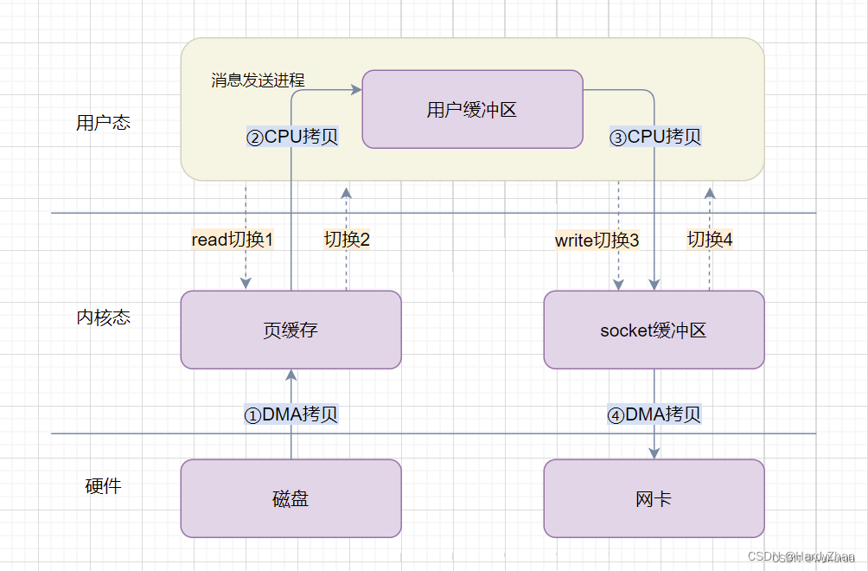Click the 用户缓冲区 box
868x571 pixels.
point(472,109)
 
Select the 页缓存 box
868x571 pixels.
point(290,330)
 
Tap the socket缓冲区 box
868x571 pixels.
point(654,330)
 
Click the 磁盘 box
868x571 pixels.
point(290,498)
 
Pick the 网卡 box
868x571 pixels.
point(654,498)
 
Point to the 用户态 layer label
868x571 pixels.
point(103,123)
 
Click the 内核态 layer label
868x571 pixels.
point(103,318)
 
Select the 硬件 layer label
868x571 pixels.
point(103,486)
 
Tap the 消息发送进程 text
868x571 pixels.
point(258,80)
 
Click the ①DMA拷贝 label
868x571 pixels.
point(290,414)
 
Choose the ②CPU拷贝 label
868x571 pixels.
point(291,137)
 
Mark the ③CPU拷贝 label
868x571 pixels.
point(654,137)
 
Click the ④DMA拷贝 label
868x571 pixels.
point(654,414)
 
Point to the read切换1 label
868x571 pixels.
point(232,241)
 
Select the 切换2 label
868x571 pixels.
point(347,241)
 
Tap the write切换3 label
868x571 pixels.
point(597,241)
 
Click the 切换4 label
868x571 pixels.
point(710,241)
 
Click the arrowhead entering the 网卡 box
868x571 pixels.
point(654,453)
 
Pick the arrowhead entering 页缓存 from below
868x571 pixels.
point(291,375)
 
